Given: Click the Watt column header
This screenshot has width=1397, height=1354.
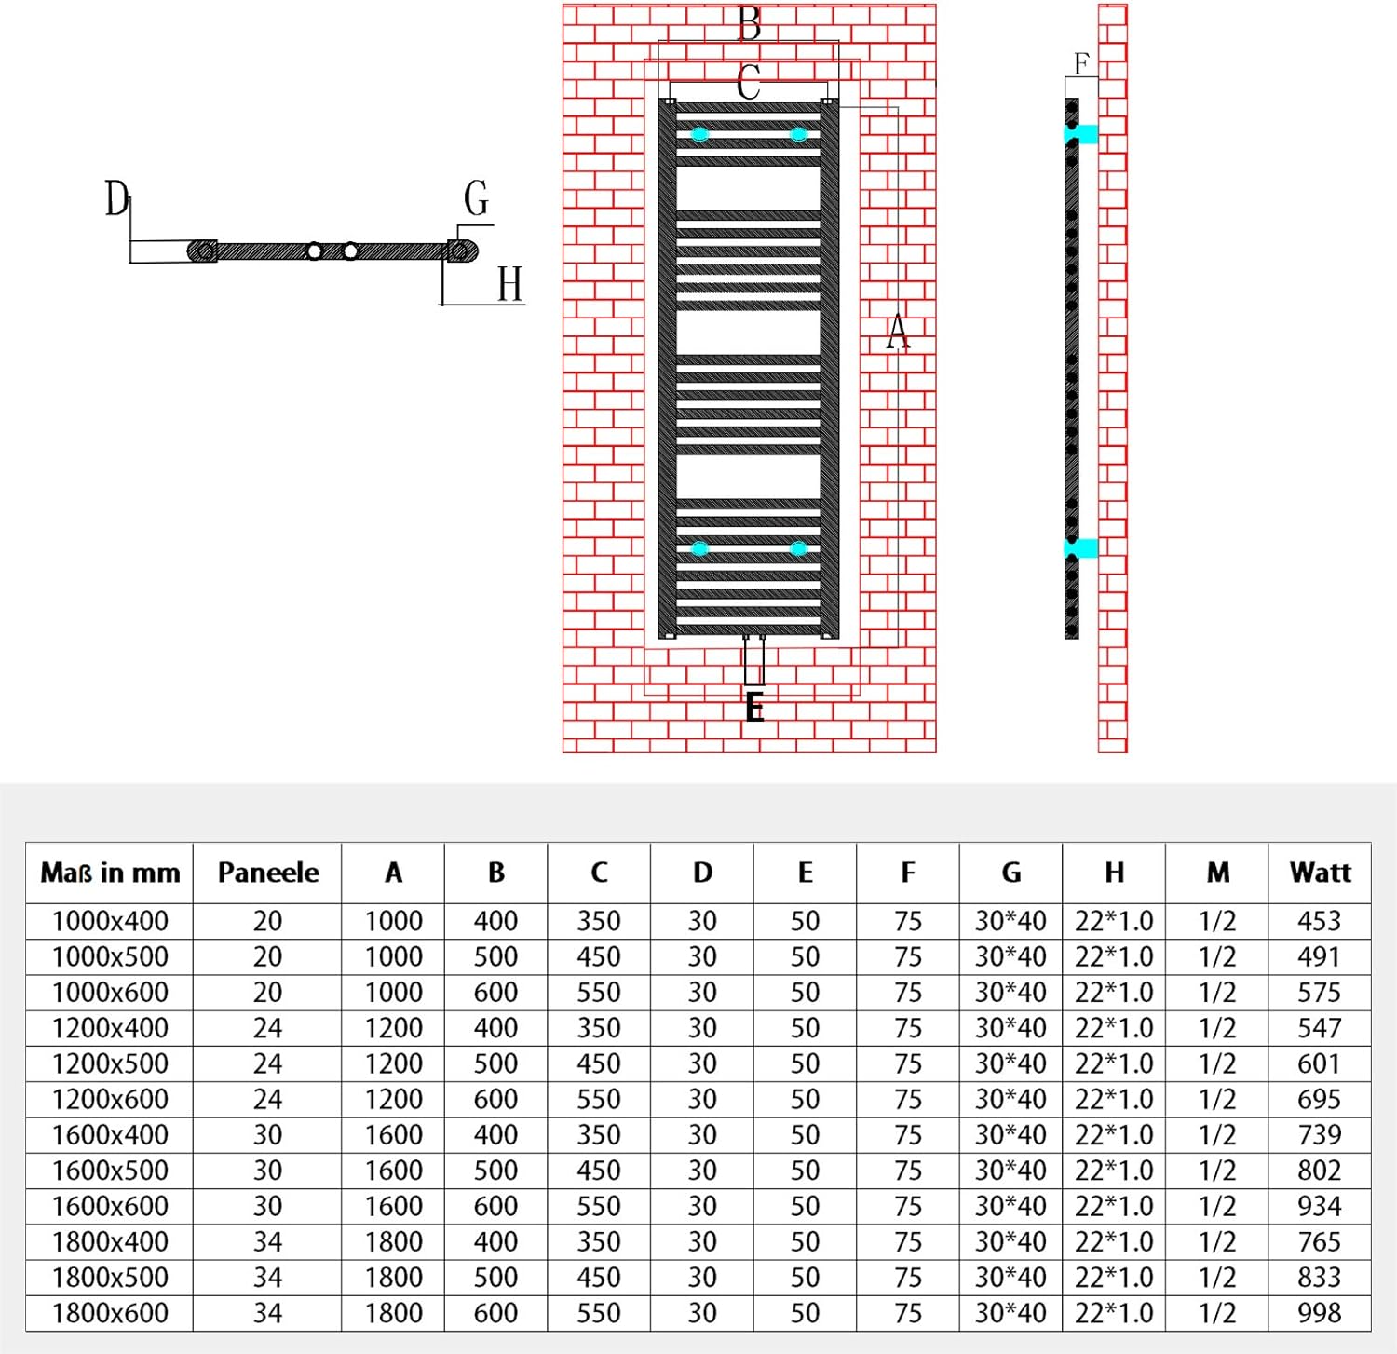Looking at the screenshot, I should (1320, 873).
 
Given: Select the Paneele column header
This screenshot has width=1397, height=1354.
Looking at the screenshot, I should (268, 873).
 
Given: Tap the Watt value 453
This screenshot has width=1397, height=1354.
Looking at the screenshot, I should (1319, 921).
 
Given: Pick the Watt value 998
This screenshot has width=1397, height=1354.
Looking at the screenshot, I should (1319, 1313).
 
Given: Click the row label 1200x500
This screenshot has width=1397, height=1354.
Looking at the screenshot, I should (110, 1063).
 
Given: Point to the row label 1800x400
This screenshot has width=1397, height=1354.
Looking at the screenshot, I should (110, 1241).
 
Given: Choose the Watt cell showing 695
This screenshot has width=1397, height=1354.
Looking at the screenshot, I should (1319, 1099).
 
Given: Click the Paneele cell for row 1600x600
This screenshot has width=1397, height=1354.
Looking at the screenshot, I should (267, 1206).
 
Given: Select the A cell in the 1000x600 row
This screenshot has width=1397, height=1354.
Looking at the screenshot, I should (393, 992).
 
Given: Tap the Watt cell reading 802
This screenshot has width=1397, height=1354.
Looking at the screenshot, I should (1319, 1171).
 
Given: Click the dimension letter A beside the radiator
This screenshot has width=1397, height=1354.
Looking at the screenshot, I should (897, 332).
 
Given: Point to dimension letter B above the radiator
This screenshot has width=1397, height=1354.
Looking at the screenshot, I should (749, 23).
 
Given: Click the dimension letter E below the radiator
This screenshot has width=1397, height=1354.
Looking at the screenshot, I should (754, 708).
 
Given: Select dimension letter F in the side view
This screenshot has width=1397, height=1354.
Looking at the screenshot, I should (1080, 64).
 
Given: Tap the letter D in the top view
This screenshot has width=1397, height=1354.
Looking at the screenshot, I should (116, 198).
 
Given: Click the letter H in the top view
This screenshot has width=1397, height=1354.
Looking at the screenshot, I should (509, 284).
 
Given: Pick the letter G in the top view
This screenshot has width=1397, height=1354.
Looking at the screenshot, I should (476, 198).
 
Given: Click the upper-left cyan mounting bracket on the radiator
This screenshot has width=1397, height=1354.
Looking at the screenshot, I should (699, 135).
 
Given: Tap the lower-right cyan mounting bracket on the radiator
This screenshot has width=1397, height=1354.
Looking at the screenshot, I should (798, 548).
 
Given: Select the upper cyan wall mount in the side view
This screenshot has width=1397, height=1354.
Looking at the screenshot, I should (1080, 134).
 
